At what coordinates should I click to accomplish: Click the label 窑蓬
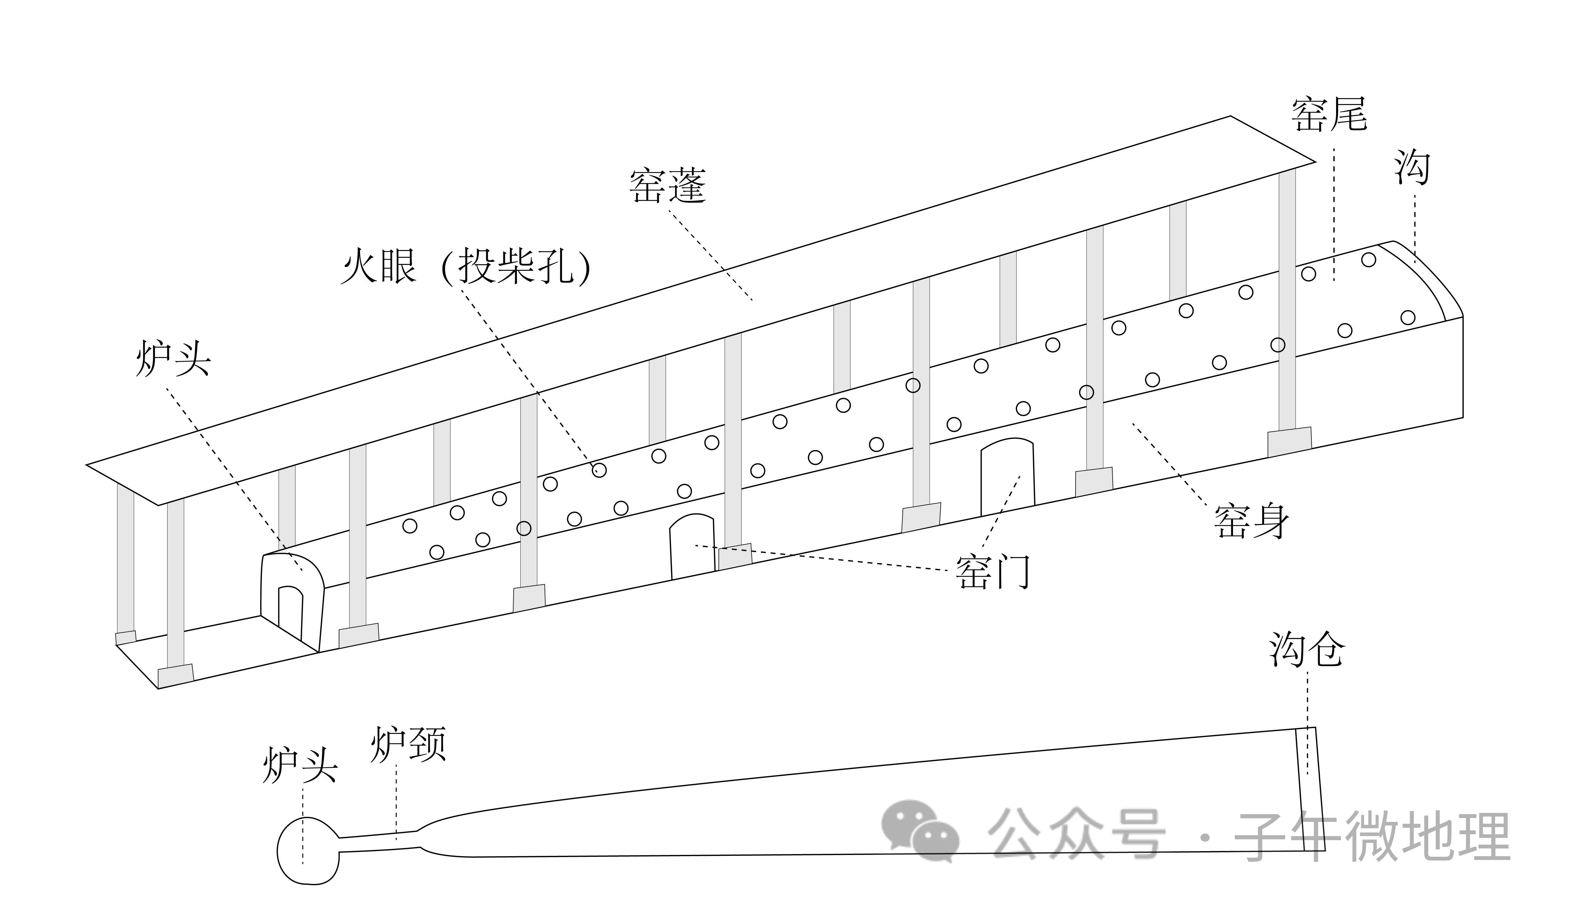(667, 186)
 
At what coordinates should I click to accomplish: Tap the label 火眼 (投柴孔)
(466, 268)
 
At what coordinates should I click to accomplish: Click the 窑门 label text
(993, 572)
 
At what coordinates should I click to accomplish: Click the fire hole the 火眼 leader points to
(599, 470)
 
